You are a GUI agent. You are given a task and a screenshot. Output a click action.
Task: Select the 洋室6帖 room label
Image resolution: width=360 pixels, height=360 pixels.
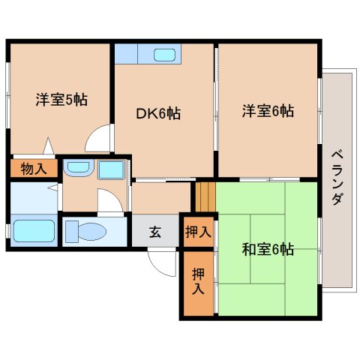coord(267,111)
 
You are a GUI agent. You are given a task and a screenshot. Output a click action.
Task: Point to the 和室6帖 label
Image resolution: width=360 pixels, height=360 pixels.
coord(267,250)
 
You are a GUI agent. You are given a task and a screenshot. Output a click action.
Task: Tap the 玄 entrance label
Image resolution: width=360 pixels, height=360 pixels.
coord(154,232)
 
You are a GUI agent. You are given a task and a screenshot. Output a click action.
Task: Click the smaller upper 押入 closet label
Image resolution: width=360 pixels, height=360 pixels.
coord(199,232)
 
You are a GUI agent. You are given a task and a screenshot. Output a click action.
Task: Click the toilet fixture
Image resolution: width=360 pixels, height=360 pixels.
coord(90,232)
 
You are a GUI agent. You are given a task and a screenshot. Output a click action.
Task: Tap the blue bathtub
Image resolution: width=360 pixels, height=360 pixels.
coord(33,231)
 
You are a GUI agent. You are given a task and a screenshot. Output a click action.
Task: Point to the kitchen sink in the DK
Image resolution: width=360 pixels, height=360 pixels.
coord(164,54)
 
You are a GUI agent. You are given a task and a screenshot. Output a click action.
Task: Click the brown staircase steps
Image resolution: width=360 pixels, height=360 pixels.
coord(205,196)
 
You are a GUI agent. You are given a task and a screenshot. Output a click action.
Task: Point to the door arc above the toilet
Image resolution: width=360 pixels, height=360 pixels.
coord(108,201)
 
